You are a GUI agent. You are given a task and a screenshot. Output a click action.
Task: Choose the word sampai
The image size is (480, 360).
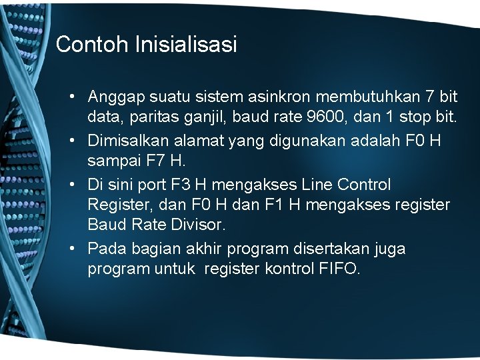point(111,162)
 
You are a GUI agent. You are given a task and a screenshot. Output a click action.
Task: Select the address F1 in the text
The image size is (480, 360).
point(258,205)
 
